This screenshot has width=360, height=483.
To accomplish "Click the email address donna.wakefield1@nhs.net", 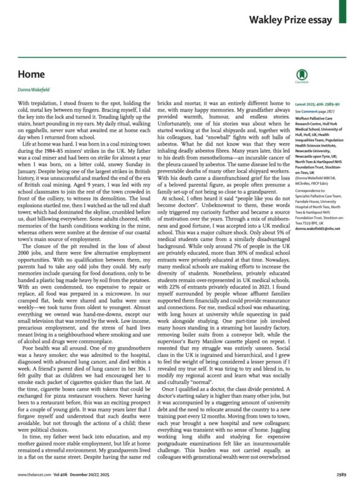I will (318, 228).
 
